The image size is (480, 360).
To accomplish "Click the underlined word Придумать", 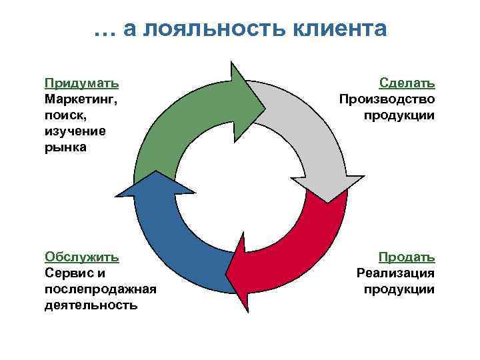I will click(x=82, y=83).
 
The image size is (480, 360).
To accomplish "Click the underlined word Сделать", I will click(x=407, y=83).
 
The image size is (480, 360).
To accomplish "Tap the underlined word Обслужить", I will click(x=82, y=257).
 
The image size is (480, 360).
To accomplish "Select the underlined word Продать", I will click(x=407, y=257).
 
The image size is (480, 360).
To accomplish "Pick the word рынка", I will click(x=65, y=147).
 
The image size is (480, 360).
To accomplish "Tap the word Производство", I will click(x=387, y=99).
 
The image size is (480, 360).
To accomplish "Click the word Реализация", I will click(x=395, y=273).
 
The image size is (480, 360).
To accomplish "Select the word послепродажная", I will click(x=100, y=289).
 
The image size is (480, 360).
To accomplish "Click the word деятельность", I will click(x=91, y=305).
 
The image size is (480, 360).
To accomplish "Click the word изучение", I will click(x=75, y=131).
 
